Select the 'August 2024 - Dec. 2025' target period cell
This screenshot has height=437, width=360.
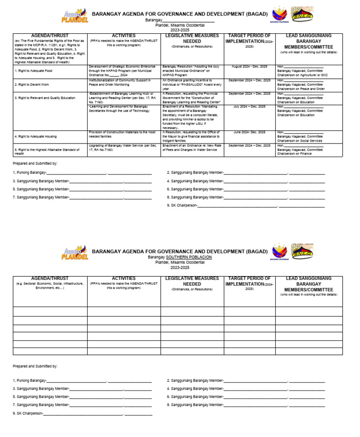pos(249,67)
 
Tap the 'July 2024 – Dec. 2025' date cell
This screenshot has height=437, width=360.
pos(249,107)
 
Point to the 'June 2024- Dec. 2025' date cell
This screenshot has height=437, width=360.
pos(249,132)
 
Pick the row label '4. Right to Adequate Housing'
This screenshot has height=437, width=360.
pos(35,136)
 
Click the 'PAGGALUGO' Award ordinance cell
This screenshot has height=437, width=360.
pos(192,84)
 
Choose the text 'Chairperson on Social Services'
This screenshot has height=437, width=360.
pos(300,141)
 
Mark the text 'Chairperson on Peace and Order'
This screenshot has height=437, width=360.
pos(300,89)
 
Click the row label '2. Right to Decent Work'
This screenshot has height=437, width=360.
pos(31,84)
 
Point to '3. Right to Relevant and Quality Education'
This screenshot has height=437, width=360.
pos(45,98)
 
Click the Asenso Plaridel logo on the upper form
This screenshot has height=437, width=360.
pos(75,15)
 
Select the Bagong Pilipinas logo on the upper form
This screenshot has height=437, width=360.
pos(279,15)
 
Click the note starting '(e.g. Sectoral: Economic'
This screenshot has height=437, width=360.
pos(50,286)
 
